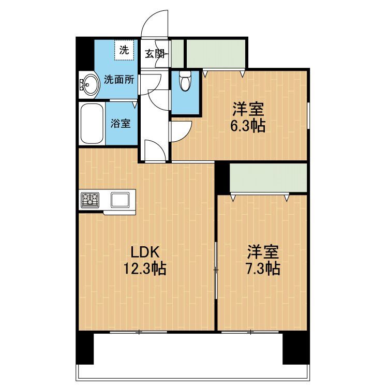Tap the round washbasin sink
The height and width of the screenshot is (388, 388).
point(88,84)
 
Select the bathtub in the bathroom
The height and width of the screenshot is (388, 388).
point(92,124)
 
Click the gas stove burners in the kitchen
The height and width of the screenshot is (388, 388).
point(90,200)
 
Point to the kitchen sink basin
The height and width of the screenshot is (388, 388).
point(120,200)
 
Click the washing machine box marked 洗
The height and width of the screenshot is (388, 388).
point(124,50)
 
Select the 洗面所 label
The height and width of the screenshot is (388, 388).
point(119,80)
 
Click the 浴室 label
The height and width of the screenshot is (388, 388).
point(121,123)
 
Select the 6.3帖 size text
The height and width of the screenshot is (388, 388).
point(248,126)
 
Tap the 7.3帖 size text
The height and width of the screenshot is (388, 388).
point(263,268)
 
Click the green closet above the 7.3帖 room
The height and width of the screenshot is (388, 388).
point(268,177)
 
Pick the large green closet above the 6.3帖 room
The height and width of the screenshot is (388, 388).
point(216,53)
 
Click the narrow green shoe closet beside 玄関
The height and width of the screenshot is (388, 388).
point(177,53)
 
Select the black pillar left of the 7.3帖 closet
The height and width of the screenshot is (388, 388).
point(222,177)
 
